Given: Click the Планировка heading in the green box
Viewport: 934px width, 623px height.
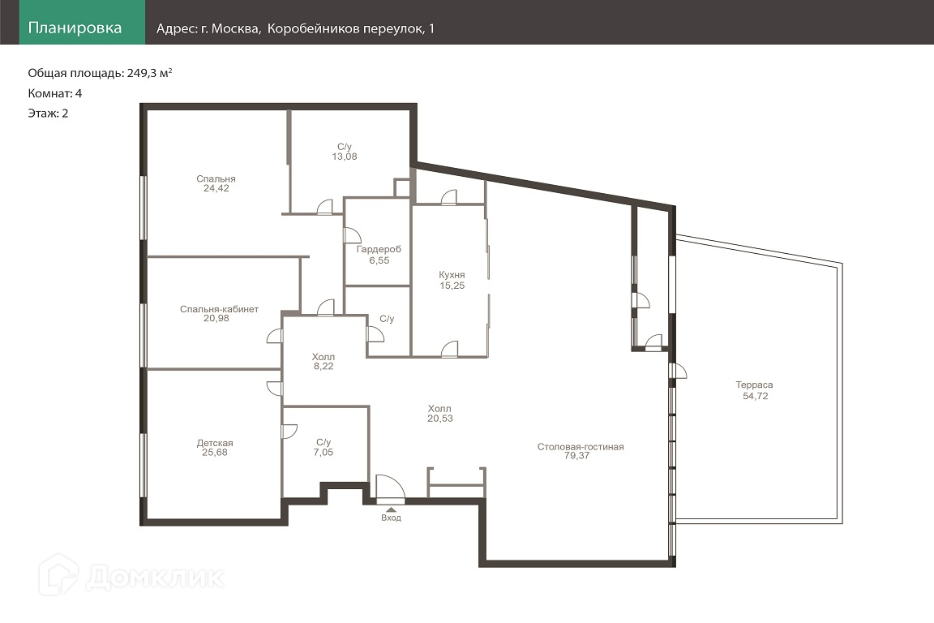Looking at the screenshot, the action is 75,28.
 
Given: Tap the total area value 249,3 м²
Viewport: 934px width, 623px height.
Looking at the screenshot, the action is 149,73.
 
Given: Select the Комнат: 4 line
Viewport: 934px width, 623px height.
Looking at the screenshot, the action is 55,93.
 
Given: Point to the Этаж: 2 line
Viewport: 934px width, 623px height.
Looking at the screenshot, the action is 49,114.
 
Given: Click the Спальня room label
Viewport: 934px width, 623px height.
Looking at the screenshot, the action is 216,178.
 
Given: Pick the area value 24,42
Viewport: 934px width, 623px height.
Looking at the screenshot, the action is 216,188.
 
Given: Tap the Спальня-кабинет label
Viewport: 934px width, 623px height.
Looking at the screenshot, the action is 219,309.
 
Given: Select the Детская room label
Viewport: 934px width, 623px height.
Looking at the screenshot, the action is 215,443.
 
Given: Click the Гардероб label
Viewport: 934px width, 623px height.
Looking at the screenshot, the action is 379,250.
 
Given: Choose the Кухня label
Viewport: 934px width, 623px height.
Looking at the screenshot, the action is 452,275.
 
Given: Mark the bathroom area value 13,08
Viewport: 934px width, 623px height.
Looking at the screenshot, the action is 345,157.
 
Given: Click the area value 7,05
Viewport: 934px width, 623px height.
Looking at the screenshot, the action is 323,453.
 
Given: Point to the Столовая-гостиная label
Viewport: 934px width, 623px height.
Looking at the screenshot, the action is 581,446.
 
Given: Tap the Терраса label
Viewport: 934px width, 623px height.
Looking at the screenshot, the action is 754,385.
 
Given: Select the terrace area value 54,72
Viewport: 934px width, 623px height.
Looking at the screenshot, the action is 756,396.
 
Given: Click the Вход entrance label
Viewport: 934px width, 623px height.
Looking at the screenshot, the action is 392,518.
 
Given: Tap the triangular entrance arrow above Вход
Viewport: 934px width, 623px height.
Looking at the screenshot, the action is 391,509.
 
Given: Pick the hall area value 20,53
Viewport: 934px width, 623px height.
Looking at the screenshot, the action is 440,419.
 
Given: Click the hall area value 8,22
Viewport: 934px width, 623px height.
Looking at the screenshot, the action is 323,367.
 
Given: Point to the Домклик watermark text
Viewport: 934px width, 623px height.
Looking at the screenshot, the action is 156,577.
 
